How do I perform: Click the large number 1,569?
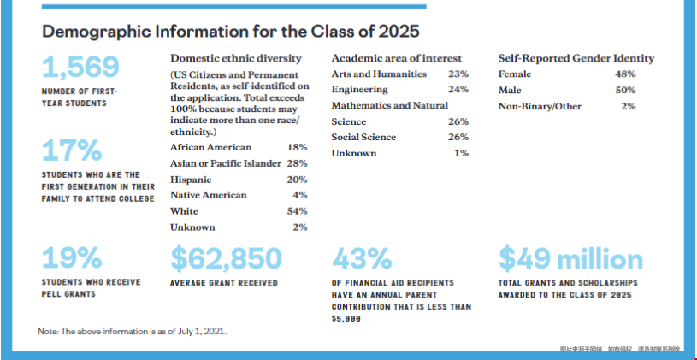point(80,67)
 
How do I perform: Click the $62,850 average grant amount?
point(226,257)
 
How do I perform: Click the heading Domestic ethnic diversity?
point(236,58)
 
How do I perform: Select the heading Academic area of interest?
point(396,58)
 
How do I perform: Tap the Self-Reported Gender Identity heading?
point(576,58)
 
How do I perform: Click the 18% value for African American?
point(298,148)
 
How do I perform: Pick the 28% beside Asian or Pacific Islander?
point(298,163)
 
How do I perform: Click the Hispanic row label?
point(191,180)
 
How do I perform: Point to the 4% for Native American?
point(300,195)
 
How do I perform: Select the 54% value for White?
point(298,211)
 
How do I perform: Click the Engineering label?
point(359,90)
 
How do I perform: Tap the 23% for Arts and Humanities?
point(458,74)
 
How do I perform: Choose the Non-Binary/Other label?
point(540,106)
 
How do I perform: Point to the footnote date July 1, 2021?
point(205,331)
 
